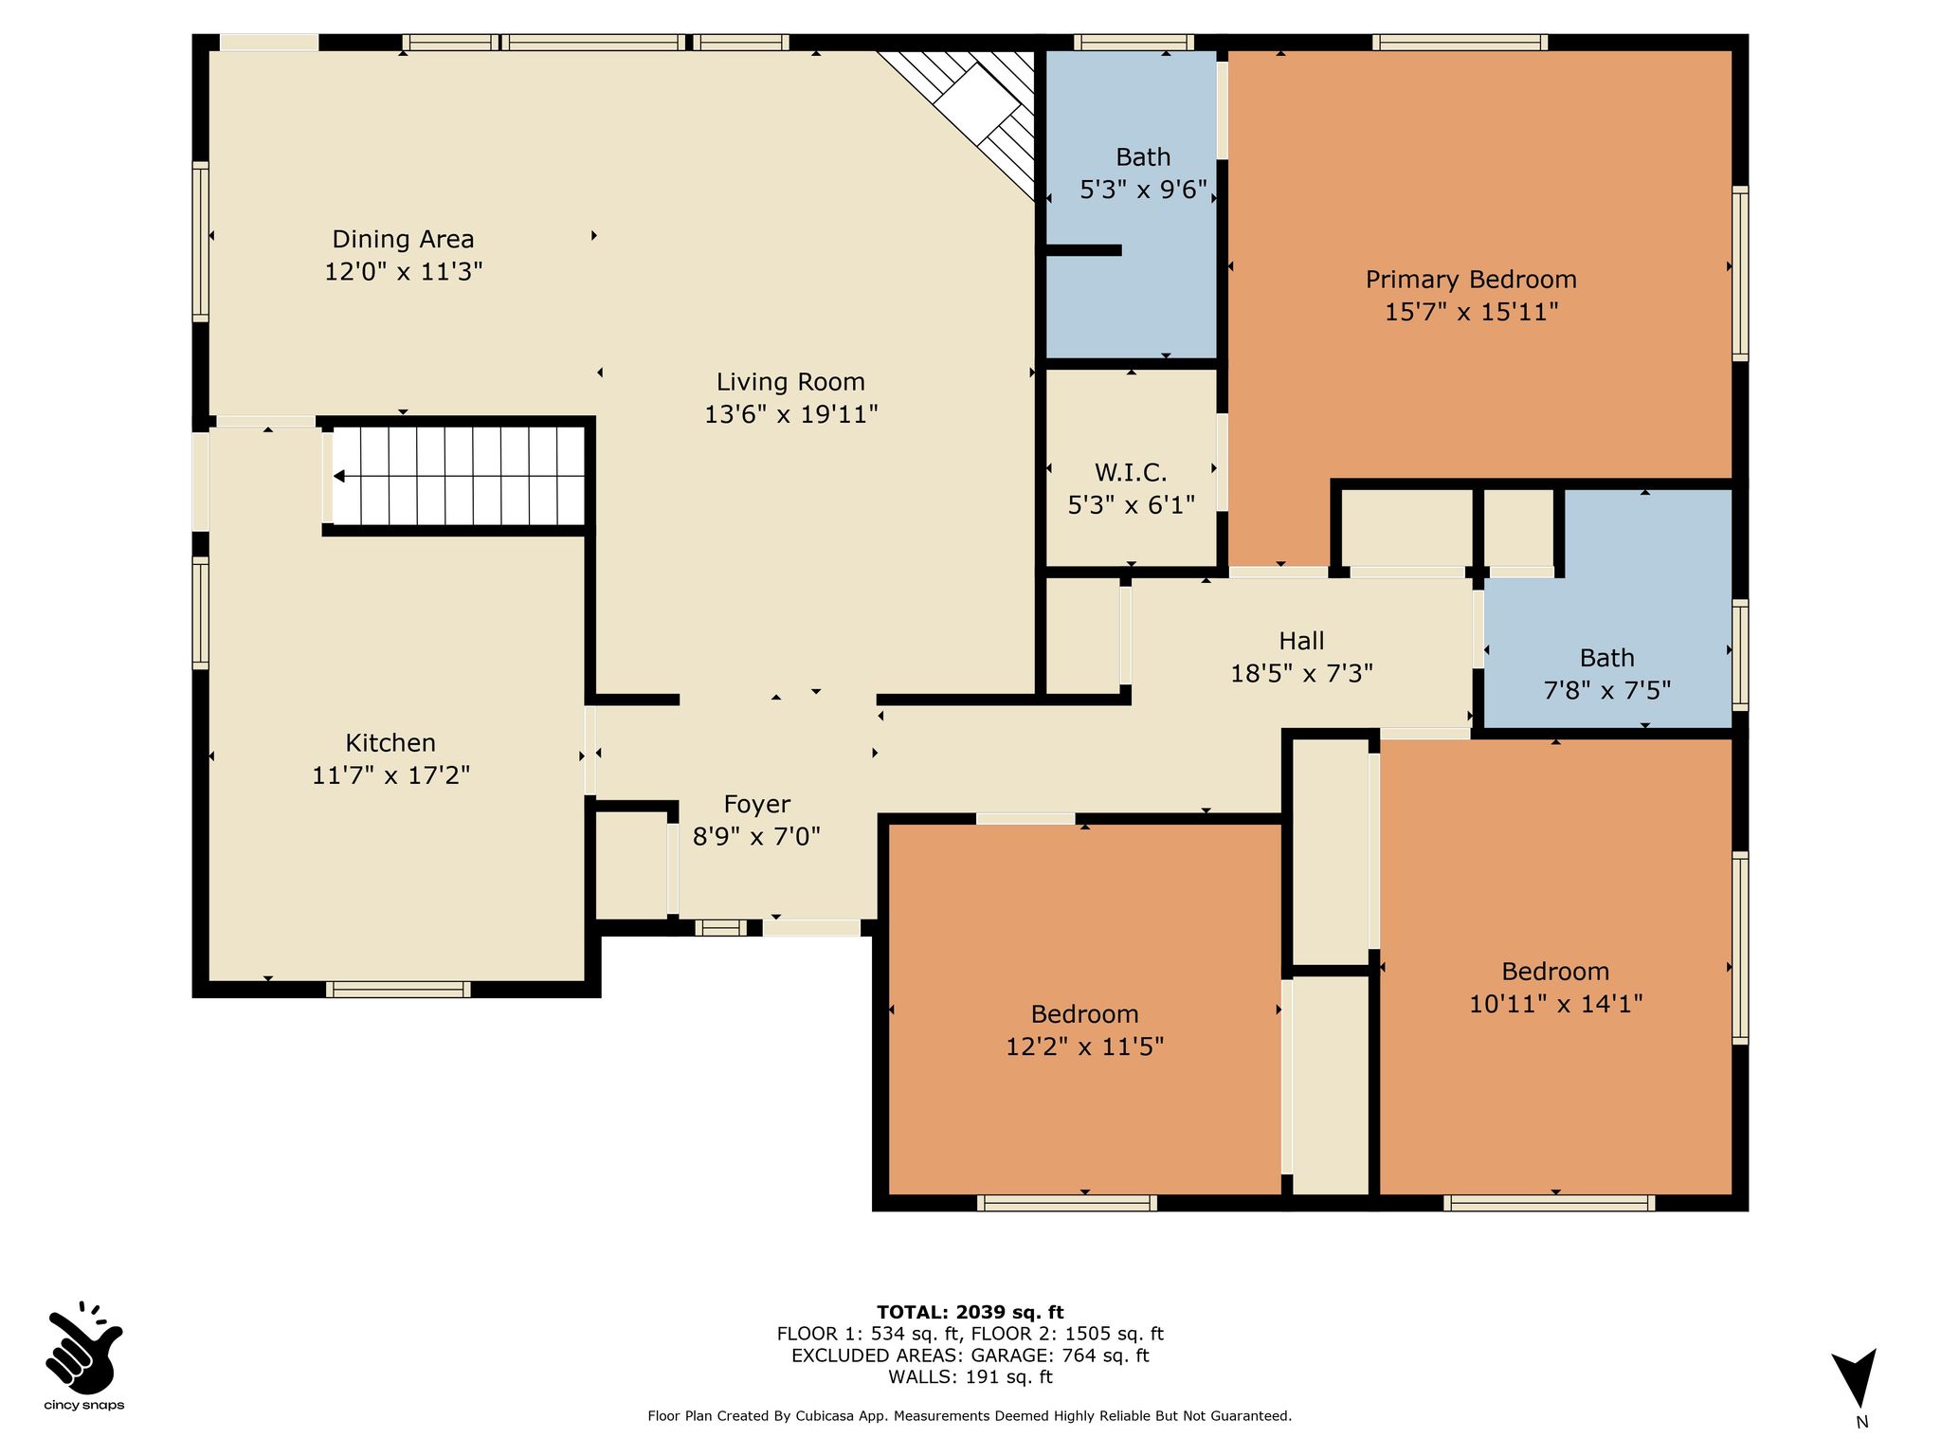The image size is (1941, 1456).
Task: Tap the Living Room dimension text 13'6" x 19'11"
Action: point(791,414)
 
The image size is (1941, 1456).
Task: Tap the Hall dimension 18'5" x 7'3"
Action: point(1301,673)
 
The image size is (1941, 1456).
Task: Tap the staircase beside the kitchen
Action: point(457,476)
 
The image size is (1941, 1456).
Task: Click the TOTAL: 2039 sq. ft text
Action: point(970,1312)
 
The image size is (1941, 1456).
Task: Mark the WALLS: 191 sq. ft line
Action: point(970,1377)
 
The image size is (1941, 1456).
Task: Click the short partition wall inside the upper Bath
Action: point(1083,250)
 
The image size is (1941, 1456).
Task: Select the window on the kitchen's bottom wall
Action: point(398,990)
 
